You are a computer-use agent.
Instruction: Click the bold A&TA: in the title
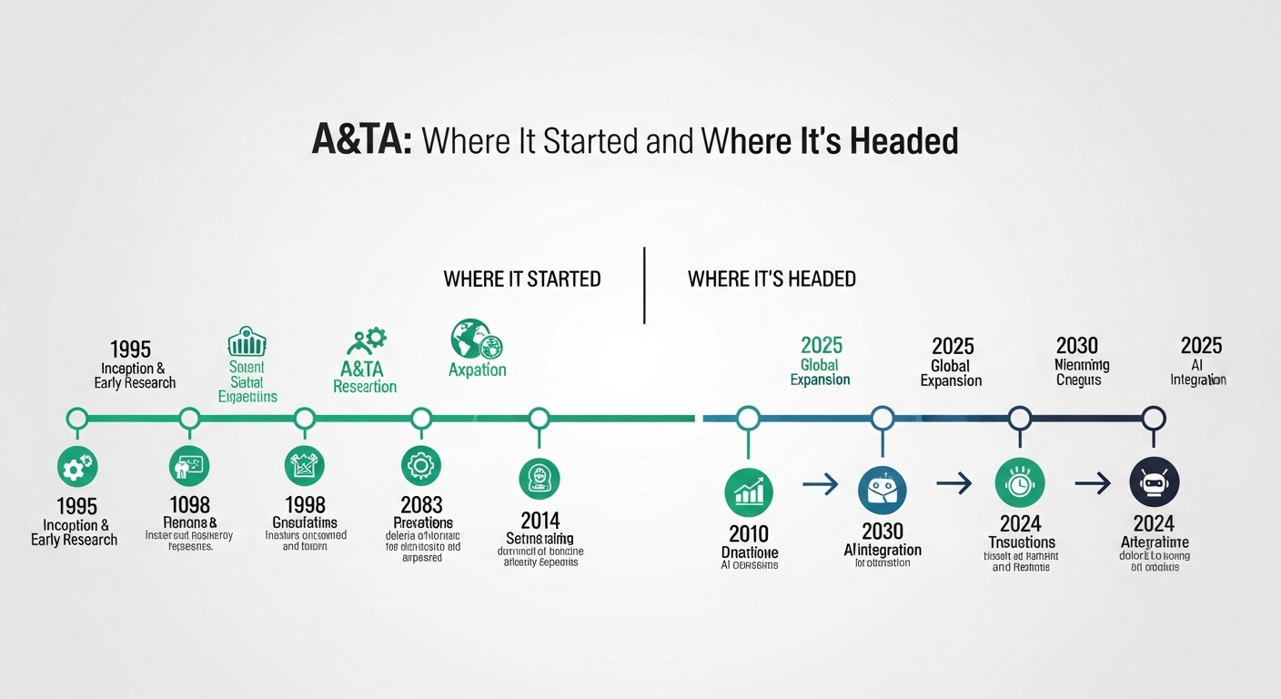coord(362,141)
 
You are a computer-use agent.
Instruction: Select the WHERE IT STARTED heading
coord(522,279)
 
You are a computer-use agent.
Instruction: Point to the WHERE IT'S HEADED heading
coord(772,279)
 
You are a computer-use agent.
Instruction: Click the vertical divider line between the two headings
coord(644,284)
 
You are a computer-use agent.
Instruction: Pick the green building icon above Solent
coord(246,343)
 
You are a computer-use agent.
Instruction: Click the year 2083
coord(421,504)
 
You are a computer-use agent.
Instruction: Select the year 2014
coord(540,521)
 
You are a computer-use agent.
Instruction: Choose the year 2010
coord(748,533)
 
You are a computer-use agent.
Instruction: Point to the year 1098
coord(189,504)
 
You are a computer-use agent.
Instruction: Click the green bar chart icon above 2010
coord(748,492)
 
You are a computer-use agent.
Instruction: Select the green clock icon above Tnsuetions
coord(1020,482)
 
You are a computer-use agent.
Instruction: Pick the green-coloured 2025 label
coord(822,346)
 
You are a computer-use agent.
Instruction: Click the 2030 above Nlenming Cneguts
coord(1077,346)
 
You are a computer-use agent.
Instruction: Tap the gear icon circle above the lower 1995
coord(77,467)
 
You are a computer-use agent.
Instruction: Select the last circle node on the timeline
coord(1154,419)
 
